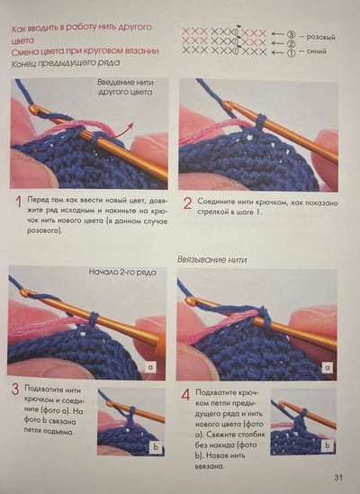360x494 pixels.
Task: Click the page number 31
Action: pyautogui.click(x=337, y=477)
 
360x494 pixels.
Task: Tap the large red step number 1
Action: pyautogui.click(x=19, y=202)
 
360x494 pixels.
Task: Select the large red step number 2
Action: pyautogui.click(x=187, y=203)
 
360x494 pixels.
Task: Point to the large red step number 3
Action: pyautogui.click(x=15, y=390)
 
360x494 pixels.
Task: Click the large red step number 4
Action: pyautogui.click(x=185, y=394)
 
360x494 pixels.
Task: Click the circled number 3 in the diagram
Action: pyautogui.click(x=291, y=35)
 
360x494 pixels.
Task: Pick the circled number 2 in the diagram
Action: pyautogui.click(x=291, y=44)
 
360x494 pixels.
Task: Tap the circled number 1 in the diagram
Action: pyautogui.click(x=291, y=52)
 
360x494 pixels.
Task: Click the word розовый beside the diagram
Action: pyautogui.click(x=320, y=37)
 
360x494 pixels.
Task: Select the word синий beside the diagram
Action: pyautogui.click(x=316, y=51)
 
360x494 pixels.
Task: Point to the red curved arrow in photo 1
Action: pyautogui.click(x=123, y=130)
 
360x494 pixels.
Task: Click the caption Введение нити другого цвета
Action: pyautogui.click(x=125, y=87)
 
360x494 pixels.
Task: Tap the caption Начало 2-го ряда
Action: pyautogui.click(x=122, y=272)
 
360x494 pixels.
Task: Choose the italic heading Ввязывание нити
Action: pyautogui.click(x=211, y=260)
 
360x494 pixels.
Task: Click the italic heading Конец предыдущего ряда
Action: pyautogui.click(x=66, y=63)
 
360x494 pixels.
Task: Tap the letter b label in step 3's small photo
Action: pyautogui.click(x=156, y=448)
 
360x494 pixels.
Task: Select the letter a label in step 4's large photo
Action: pyautogui.click(x=328, y=367)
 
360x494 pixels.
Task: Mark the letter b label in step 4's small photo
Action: pyautogui.click(x=328, y=445)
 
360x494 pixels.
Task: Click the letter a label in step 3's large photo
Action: pyautogui.click(x=150, y=367)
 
